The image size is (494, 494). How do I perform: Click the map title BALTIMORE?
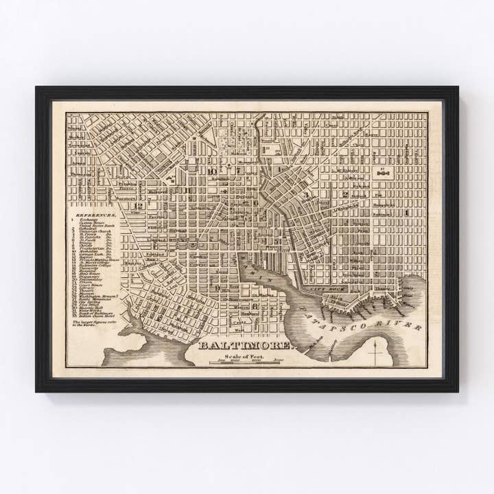tap(245, 345)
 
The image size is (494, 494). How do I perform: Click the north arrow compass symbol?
tap(375, 353)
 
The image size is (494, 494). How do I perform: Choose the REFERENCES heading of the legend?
tap(96, 215)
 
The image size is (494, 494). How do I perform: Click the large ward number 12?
tap(139, 205)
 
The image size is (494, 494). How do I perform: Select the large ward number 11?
tap(186, 190)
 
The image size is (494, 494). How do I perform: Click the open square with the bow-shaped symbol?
tap(383, 173)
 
